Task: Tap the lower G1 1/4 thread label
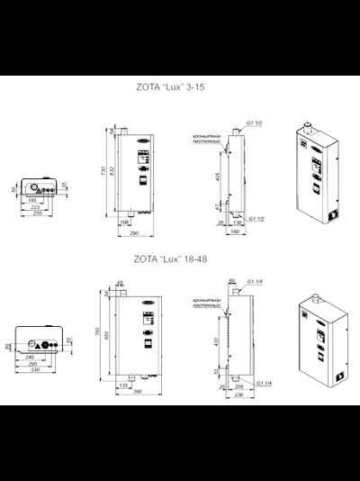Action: tap(264, 383)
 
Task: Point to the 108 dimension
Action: tap(124, 221)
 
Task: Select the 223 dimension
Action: tap(34, 206)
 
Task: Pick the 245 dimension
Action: tap(34, 357)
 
